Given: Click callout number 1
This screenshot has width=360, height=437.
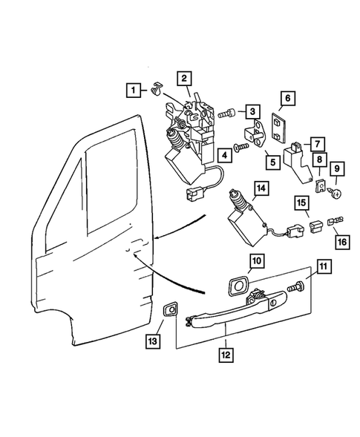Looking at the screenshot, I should tap(134, 92).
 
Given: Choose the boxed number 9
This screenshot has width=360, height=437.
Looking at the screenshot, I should tap(334, 170).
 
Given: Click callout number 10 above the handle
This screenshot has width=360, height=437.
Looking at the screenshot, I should tap(256, 260).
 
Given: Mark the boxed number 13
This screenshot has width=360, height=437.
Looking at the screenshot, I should tap(152, 341).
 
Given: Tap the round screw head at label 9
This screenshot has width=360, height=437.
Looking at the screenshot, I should tap(335, 193).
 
